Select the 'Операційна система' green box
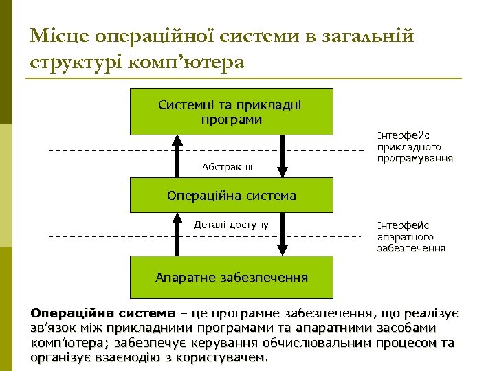231,196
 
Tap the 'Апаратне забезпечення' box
231,278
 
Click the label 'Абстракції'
227,166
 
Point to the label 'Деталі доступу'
231,225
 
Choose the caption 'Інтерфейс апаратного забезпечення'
411,236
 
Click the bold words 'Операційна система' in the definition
103,313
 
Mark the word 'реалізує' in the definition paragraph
432,313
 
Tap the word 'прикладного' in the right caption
409,147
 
